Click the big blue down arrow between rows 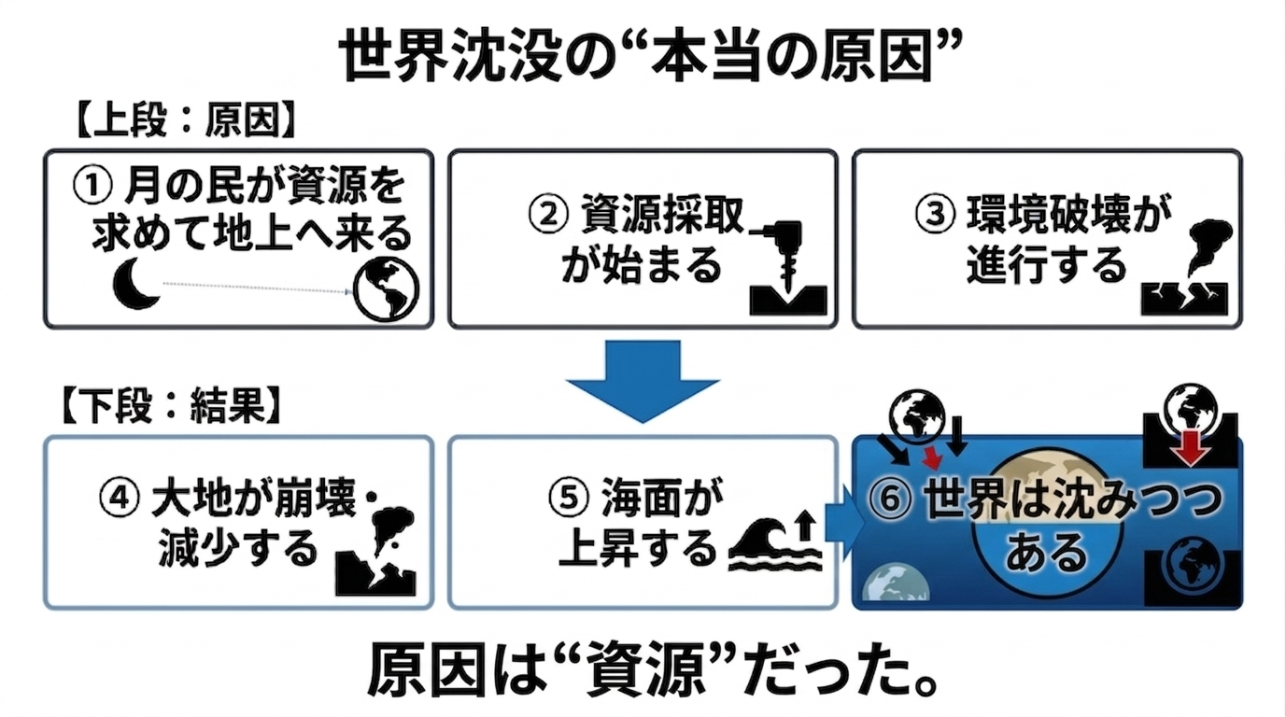point(642,378)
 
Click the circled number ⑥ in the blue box point(895,500)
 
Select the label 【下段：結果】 point(173,407)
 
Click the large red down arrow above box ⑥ point(1192,449)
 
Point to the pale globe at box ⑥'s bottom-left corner point(895,585)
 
